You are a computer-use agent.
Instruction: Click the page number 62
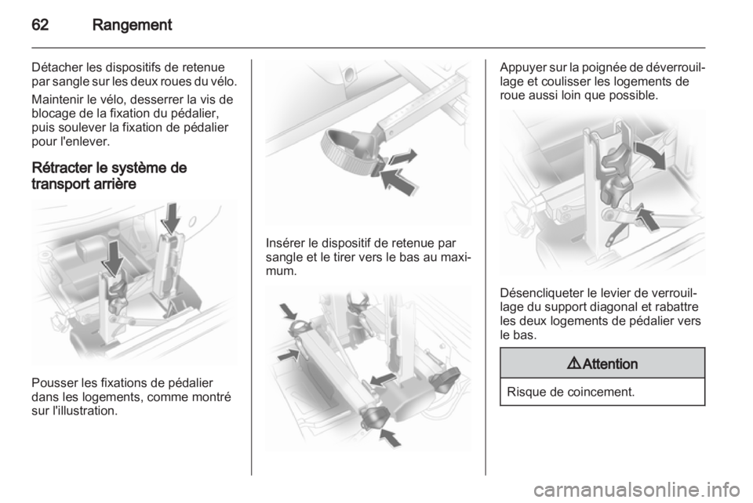tap(40, 25)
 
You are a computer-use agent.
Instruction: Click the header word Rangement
tap(132, 25)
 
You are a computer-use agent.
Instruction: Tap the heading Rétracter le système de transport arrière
tap(109, 176)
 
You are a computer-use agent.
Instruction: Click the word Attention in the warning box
tap(610, 364)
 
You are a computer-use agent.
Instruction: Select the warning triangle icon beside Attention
tap(574, 364)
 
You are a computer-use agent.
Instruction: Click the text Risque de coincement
tap(570, 392)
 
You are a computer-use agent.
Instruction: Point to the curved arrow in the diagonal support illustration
tap(651, 154)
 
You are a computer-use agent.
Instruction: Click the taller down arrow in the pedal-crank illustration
tap(171, 218)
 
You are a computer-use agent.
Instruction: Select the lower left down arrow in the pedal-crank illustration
tap(115, 258)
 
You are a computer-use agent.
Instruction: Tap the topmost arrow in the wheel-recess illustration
tap(289, 312)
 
